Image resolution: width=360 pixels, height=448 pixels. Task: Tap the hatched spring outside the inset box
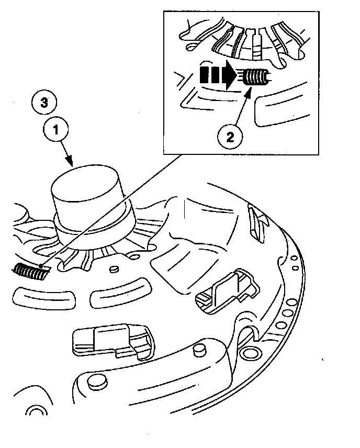point(30,271)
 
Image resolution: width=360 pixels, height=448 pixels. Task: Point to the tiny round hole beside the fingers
point(113,270)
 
